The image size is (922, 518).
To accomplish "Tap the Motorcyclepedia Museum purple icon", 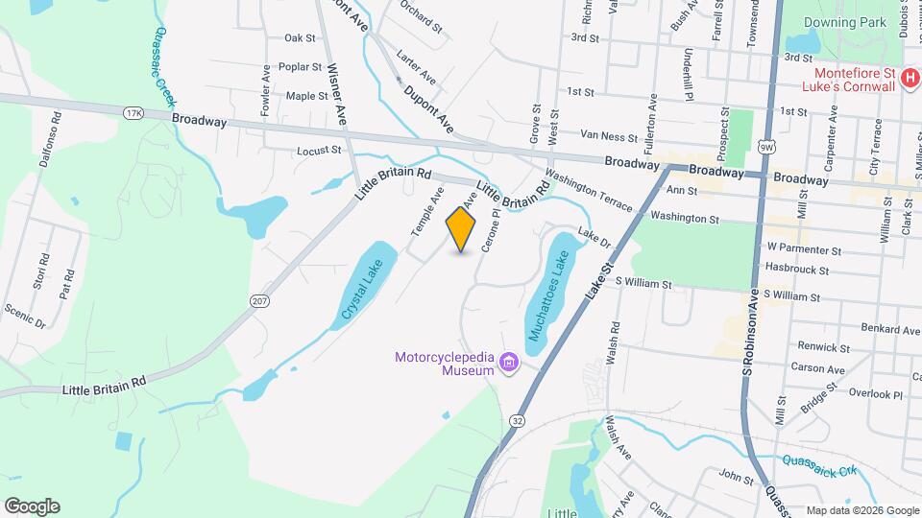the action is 508,364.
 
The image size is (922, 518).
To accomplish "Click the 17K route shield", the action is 133,114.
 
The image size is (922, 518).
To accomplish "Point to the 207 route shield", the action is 258,301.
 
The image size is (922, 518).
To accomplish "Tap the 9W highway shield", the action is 765,147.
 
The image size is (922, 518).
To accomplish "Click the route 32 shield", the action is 518,420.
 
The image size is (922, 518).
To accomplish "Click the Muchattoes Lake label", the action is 548,295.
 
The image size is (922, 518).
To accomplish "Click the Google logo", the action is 32,506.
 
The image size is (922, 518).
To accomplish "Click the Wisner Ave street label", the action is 336,95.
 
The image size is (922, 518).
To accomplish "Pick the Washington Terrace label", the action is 588,192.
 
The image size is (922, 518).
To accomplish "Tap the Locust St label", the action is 319,151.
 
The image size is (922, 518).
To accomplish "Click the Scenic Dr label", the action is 25,317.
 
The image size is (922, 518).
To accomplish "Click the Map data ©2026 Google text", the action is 861,509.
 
